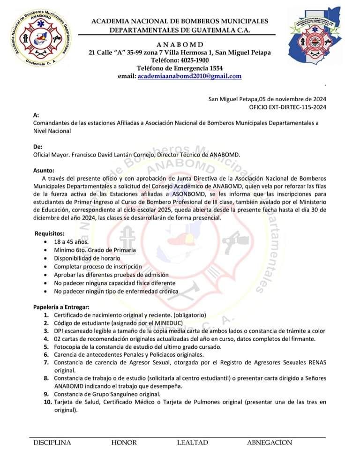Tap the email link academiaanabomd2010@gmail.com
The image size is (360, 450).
[190, 76]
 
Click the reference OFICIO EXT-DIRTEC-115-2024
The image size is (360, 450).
[288, 107]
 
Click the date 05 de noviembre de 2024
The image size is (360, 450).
[292, 99]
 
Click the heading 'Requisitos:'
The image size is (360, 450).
[49, 233]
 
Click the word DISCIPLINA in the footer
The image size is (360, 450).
[52, 442]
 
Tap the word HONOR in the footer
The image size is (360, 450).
[124, 442]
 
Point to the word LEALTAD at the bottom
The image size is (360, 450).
[192, 442]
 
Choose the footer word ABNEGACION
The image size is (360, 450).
[270, 442]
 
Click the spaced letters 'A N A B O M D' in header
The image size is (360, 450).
[180, 44]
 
